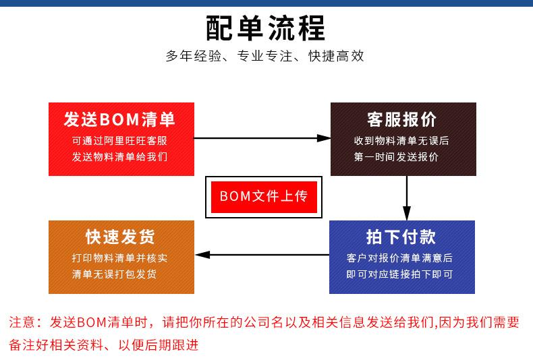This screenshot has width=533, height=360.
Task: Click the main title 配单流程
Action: point(265,28)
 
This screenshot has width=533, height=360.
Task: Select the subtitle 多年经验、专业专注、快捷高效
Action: point(264,56)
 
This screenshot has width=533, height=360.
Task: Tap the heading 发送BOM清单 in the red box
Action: point(119,119)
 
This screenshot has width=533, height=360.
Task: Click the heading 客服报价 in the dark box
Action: point(401,119)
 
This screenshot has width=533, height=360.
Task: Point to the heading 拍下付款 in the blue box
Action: point(401,237)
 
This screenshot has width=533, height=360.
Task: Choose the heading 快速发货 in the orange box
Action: point(120,237)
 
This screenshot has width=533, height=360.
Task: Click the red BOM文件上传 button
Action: point(264,197)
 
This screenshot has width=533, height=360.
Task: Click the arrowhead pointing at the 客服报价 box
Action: point(324,138)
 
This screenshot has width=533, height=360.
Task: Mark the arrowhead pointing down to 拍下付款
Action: point(407,213)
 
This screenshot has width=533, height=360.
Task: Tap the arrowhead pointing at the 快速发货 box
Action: point(202,255)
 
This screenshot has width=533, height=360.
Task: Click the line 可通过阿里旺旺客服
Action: point(119,141)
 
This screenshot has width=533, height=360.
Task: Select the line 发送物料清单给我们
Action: point(119,157)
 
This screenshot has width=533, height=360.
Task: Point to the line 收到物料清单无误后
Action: point(401,141)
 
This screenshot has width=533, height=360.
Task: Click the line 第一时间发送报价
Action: point(396,157)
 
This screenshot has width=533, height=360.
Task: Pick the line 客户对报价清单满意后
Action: point(399,258)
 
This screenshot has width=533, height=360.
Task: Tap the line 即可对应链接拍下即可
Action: point(399,274)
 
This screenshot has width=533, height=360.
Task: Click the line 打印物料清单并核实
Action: point(119,258)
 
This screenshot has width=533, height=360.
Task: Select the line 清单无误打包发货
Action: point(114,274)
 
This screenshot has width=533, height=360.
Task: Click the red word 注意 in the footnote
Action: point(22,322)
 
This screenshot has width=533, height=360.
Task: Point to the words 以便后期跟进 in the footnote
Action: point(159,345)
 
